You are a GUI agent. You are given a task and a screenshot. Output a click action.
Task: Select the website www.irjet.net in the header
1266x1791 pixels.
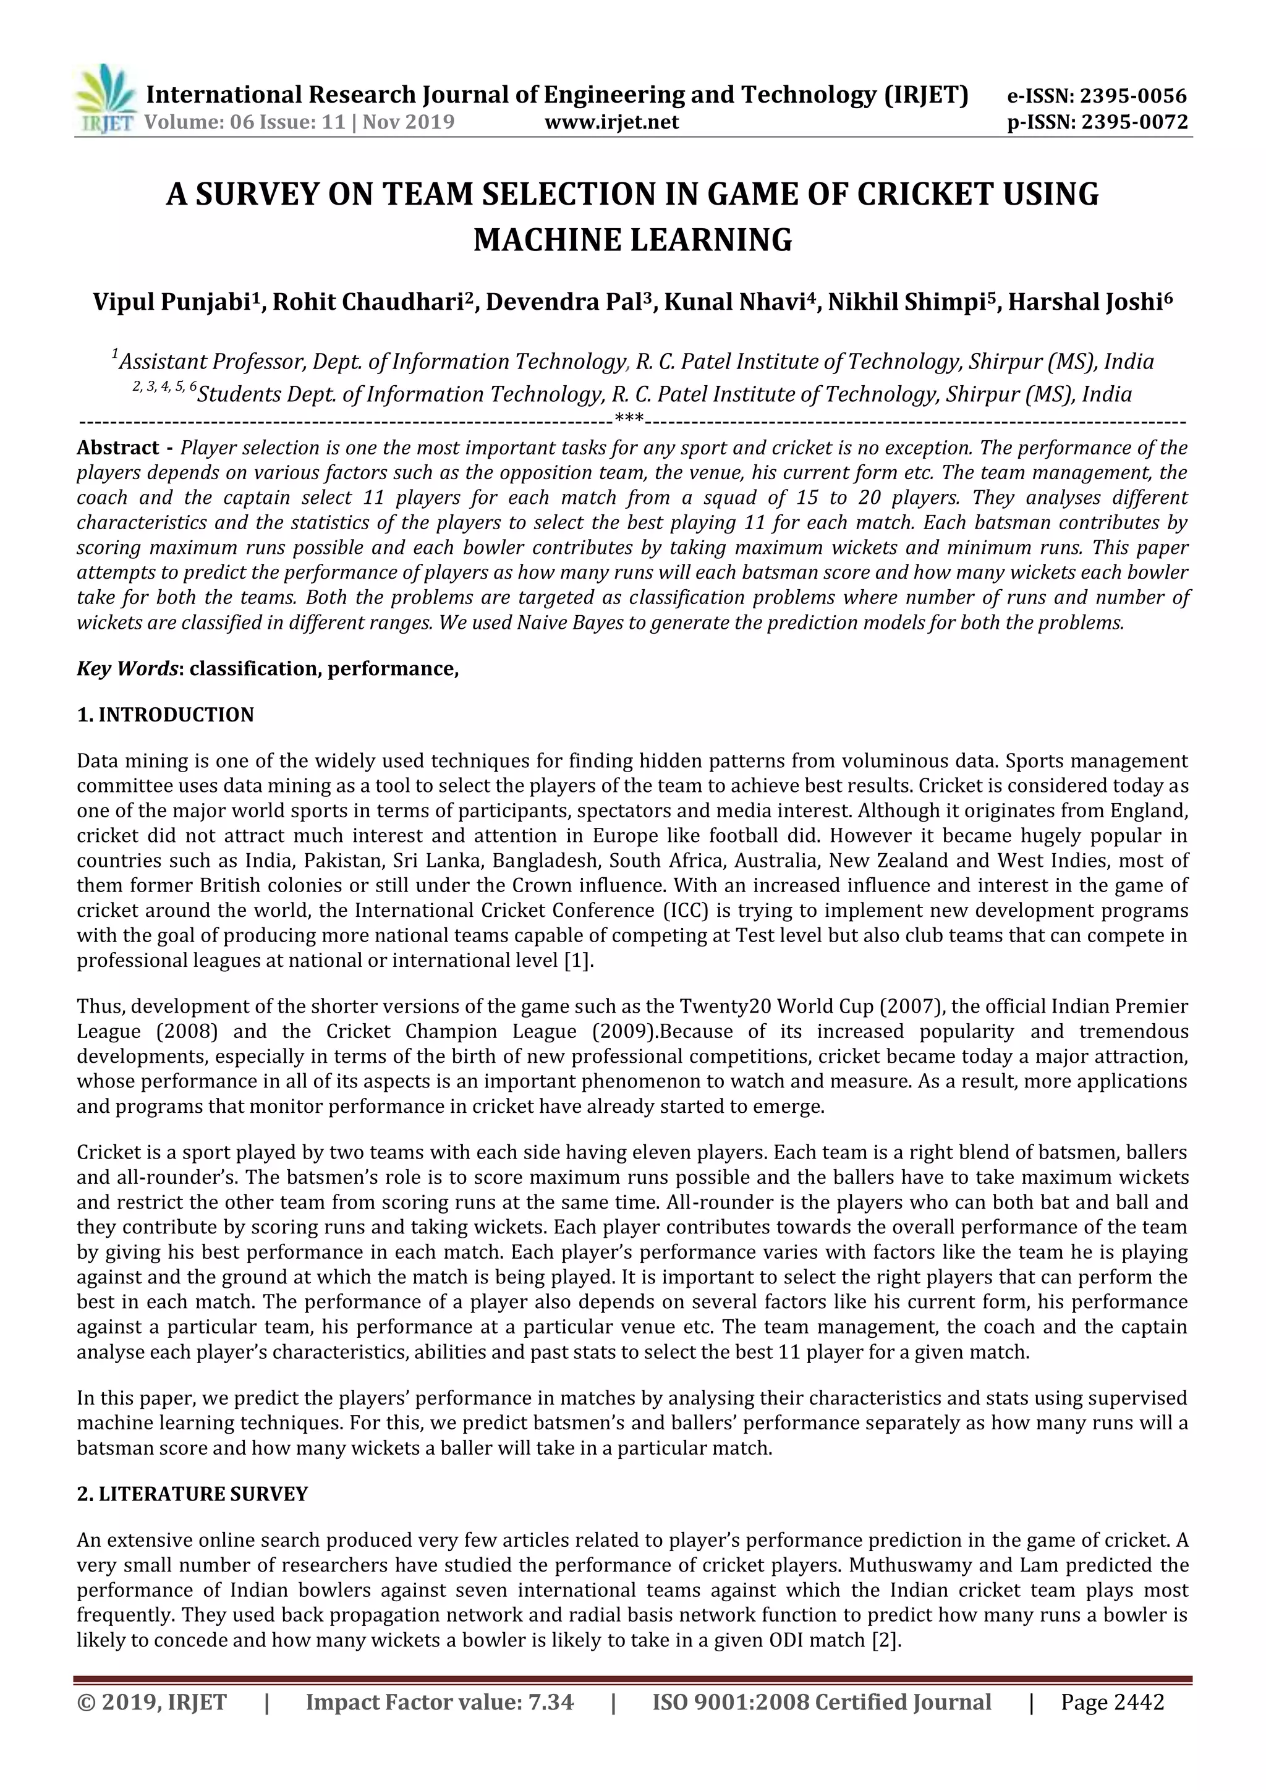pyautogui.click(x=611, y=122)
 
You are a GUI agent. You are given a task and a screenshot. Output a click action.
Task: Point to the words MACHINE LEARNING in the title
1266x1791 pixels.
pyautogui.click(x=632, y=239)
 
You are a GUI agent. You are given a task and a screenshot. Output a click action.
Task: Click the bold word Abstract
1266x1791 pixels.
pyautogui.click(x=118, y=448)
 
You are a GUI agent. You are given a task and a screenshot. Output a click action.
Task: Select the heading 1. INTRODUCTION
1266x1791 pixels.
pyautogui.click(x=166, y=715)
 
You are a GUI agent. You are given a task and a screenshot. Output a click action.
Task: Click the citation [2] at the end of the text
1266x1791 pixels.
pyautogui.click(x=885, y=1640)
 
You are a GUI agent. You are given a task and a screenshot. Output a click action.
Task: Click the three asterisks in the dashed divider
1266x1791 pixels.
pyautogui.click(x=629, y=420)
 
